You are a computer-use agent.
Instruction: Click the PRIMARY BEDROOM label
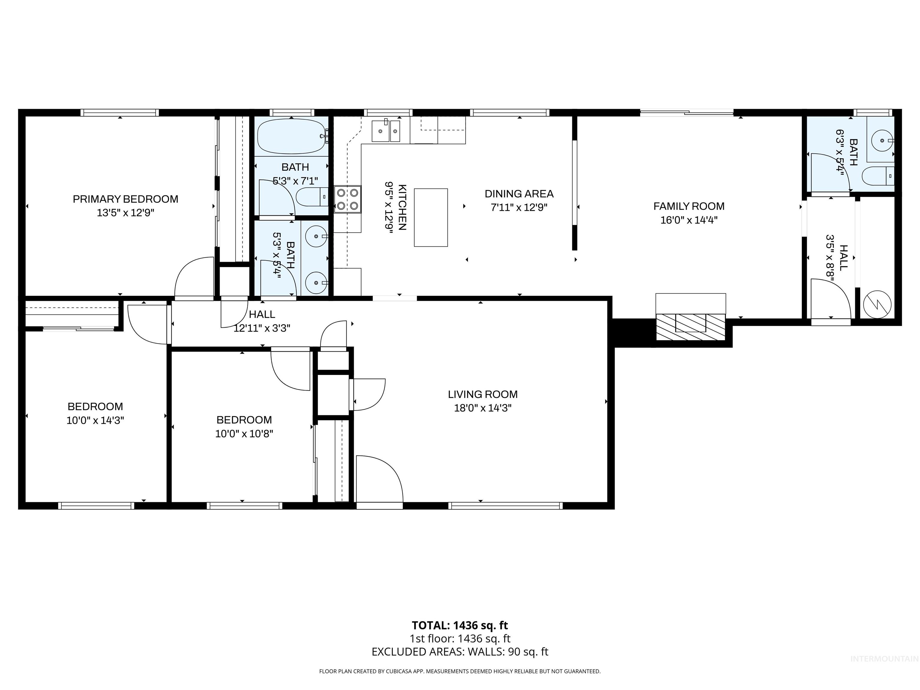[125, 199]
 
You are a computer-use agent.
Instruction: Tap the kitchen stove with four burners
[347, 199]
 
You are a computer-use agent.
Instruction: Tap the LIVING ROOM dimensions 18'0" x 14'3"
[482, 408]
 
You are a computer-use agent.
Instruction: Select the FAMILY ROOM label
[689, 206]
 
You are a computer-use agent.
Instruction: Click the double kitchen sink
[385, 131]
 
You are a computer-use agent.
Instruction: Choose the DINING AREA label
[519, 194]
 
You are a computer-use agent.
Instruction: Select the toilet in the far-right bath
[877, 176]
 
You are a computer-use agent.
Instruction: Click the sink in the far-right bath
[882, 140]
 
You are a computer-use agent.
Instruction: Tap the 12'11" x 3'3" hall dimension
[262, 328]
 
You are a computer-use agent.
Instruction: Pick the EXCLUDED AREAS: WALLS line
[460, 652]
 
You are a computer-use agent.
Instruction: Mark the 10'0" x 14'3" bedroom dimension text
[95, 420]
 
